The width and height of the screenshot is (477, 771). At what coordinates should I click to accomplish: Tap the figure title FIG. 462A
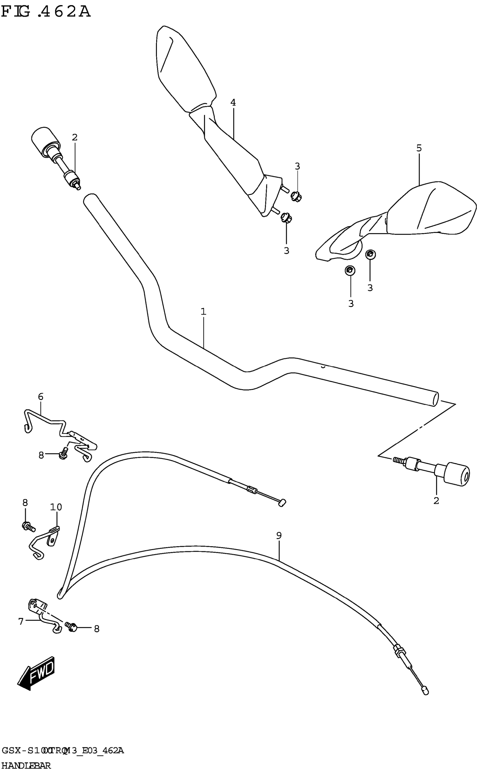pos(46,12)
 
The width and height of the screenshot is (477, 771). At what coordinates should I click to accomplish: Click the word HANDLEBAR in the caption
pos(26,765)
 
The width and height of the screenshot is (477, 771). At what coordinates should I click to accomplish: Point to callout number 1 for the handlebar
pos(203,312)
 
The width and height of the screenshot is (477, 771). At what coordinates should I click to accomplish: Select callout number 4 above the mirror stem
pos(233,102)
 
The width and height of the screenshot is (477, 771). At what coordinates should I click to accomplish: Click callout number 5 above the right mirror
pos(419,148)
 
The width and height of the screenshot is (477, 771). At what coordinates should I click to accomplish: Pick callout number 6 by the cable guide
pos(41,397)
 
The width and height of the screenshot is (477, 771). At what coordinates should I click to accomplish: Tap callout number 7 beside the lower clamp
pos(21,621)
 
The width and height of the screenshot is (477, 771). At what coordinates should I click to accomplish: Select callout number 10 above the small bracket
pos(56,507)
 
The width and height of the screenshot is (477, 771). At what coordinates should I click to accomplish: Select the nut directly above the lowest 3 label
pos(350,270)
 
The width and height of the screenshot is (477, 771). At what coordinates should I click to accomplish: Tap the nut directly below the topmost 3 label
pos(296,196)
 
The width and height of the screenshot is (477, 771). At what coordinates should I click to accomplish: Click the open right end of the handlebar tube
pos(435,399)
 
